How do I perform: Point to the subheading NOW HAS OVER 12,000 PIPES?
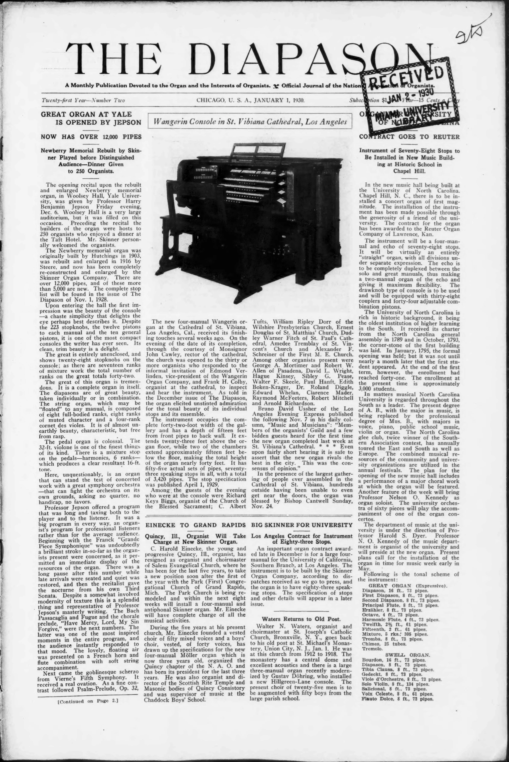91,137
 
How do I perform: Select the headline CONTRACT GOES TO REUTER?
409,137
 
